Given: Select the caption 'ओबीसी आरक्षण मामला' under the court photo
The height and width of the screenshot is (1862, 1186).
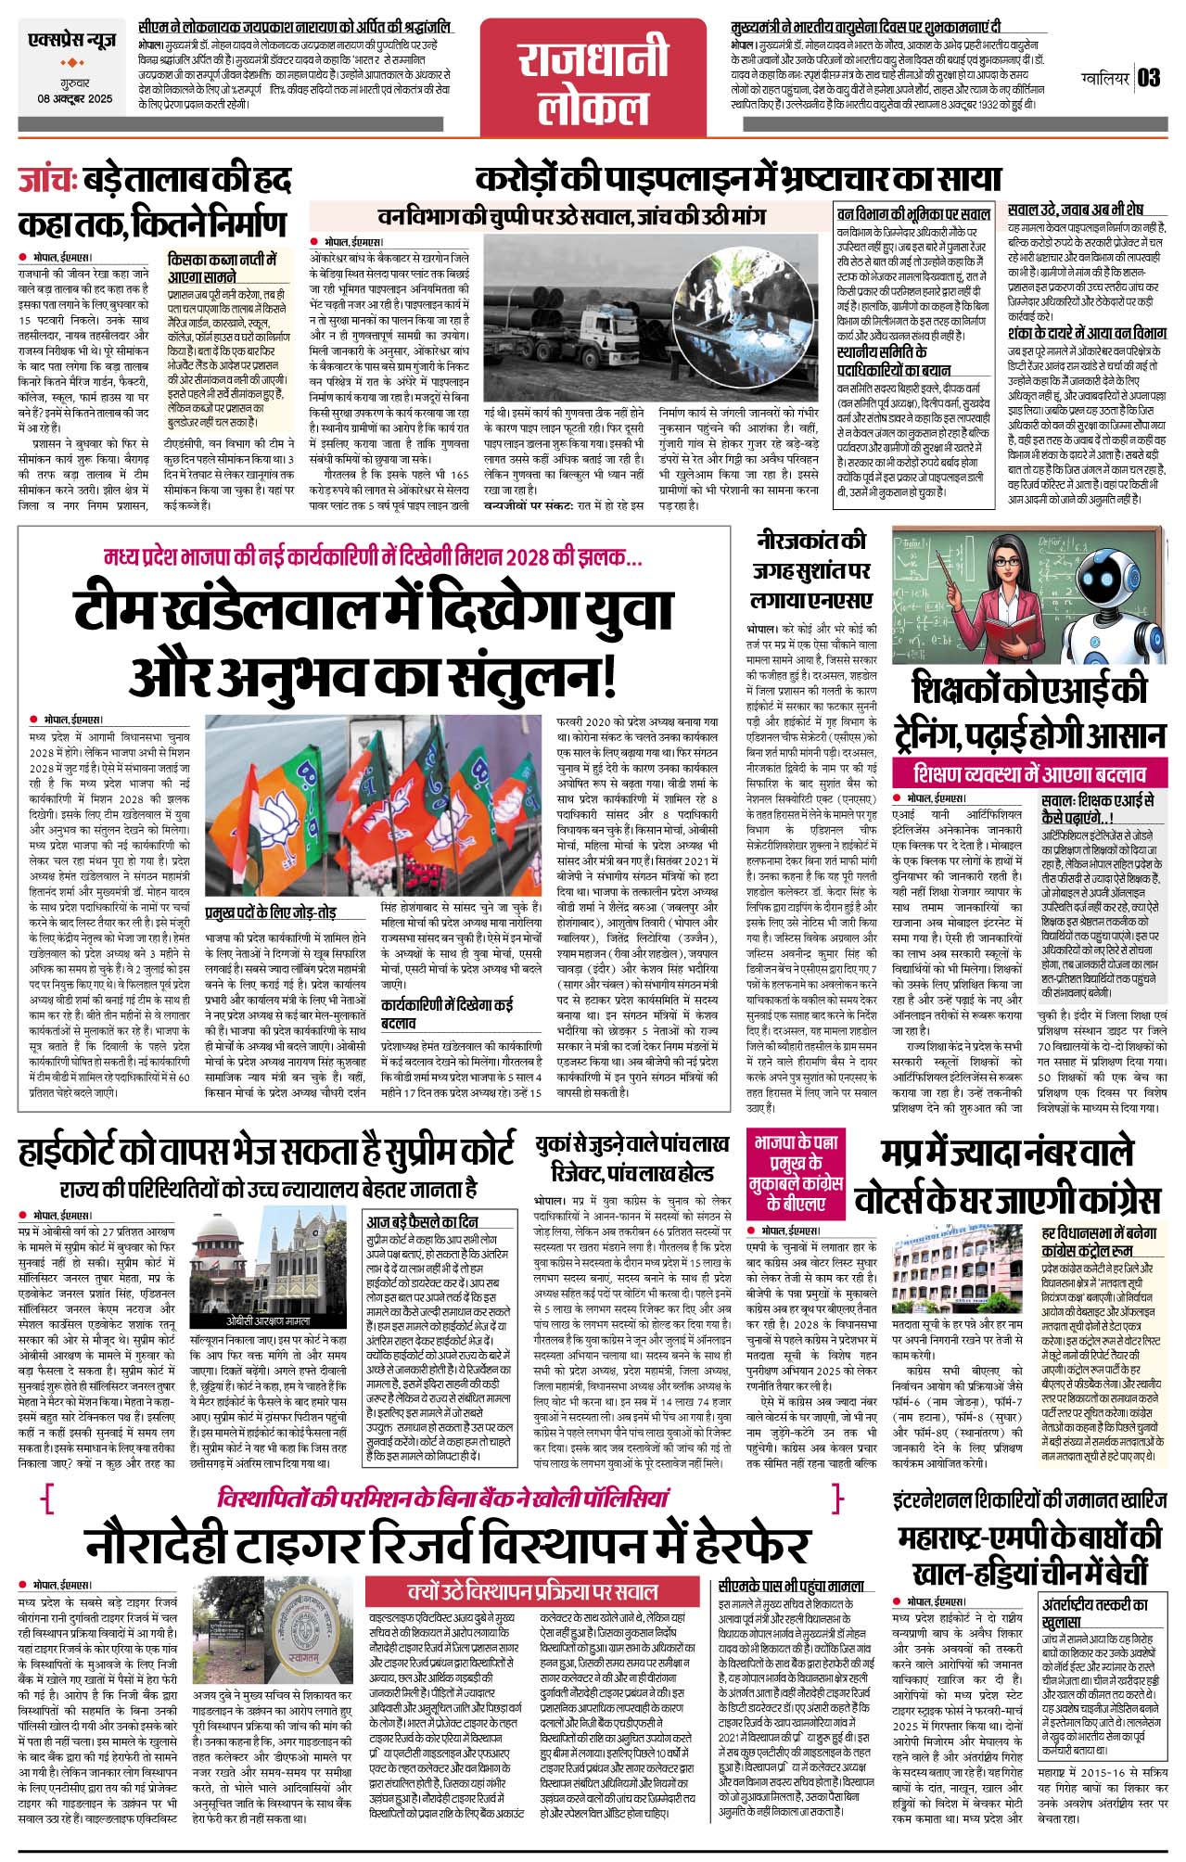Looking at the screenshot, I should coord(268,1321).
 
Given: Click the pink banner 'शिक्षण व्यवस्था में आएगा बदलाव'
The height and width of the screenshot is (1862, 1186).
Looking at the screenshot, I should coord(1027,772).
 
